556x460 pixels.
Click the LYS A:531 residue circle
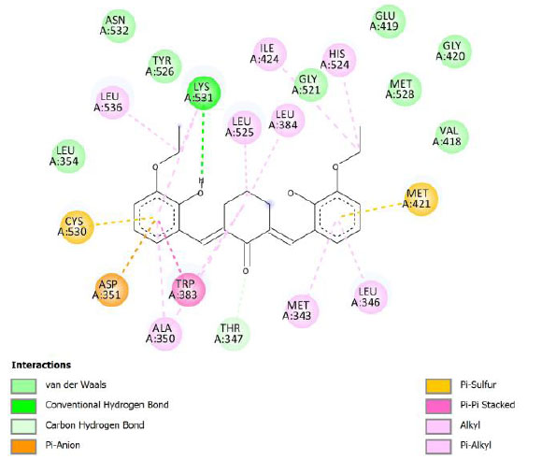(x=203, y=93)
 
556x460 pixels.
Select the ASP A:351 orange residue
(x=111, y=290)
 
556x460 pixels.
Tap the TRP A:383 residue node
(x=188, y=290)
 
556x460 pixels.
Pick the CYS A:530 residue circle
(x=77, y=226)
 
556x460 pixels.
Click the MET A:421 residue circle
(x=421, y=199)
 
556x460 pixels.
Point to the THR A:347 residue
(x=234, y=334)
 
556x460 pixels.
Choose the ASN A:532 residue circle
(x=119, y=25)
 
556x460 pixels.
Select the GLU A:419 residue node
(x=389, y=21)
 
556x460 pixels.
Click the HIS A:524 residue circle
(x=338, y=60)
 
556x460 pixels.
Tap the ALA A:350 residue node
(x=164, y=334)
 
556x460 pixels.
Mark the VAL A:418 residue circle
(x=451, y=137)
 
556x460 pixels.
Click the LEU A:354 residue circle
(x=68, y=156)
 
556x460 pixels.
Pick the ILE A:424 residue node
(x=269, y=53)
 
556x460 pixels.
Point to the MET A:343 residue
(x=302, y=310)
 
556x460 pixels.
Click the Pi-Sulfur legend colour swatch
(x=438, y=386)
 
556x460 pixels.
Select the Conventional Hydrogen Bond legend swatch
(x=23, y=406)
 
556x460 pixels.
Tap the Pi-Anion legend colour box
(x=23, y=447)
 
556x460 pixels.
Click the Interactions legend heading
(x=41, y=365)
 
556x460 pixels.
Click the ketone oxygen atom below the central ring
(x=246, y=271)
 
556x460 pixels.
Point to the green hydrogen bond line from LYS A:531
(x=203, y=145)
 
